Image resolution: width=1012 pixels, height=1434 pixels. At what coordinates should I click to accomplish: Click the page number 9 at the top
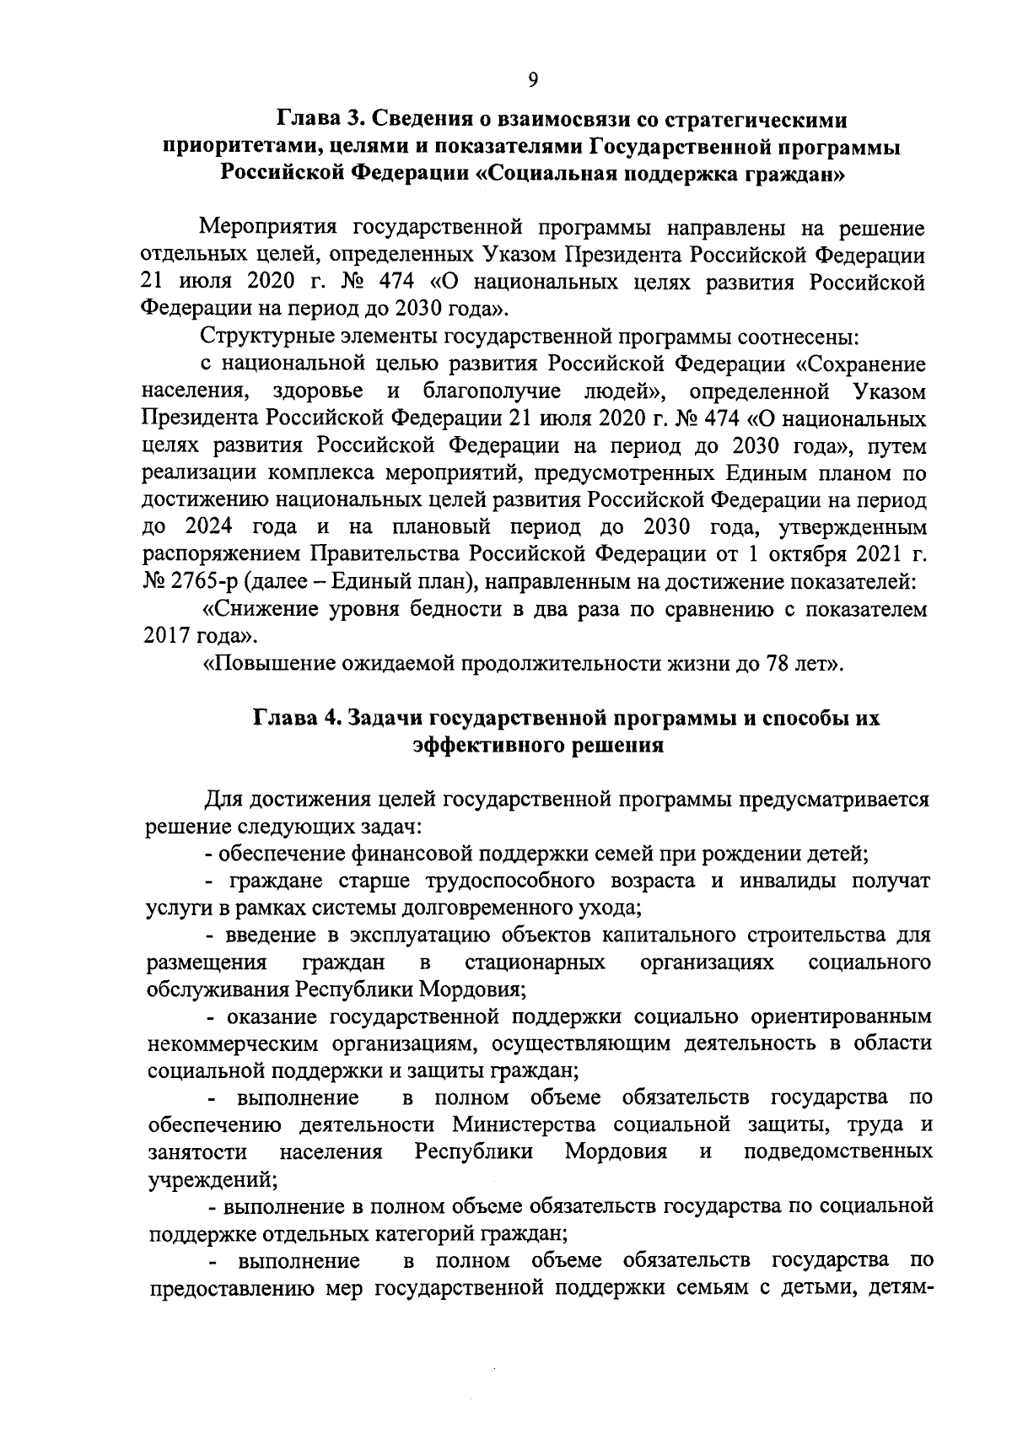click(532, 80)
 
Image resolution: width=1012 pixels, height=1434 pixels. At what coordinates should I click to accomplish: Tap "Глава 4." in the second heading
click(295, 719)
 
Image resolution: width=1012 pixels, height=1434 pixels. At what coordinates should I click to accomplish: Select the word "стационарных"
click(535, 962)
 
